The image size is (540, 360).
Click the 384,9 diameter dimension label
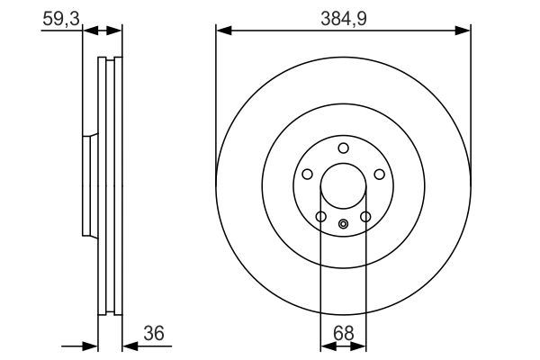point(343,17)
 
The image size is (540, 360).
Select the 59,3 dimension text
point(58,17)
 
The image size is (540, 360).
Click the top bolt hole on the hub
point(343,148)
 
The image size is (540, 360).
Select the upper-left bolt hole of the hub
point(307,175)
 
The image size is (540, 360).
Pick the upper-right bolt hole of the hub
point(379,175)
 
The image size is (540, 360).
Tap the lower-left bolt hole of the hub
point(320,216)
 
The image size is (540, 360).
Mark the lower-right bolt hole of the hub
point(365,216)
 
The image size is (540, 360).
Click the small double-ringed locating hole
point(343,224)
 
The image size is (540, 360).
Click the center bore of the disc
point(343,186)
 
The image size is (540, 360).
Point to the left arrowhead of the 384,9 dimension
point(222,31)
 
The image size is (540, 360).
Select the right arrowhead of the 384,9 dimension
point(464,31)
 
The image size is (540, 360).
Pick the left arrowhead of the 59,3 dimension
point(88,31)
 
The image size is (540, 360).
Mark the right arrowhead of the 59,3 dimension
point(116,31)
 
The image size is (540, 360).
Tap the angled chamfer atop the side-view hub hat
point(90,136)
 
